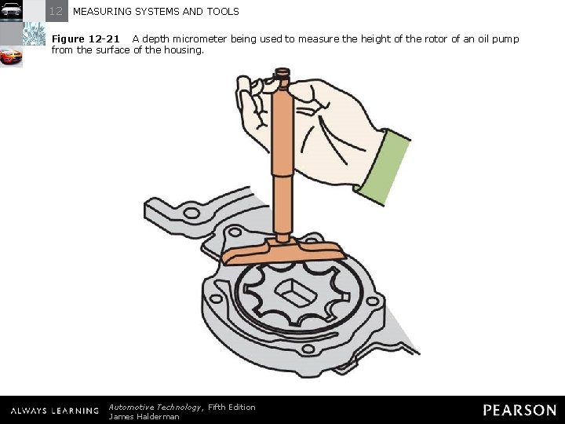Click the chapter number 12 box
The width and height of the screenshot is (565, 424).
coord(56,11)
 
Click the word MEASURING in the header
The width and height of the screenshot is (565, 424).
coord(100,12)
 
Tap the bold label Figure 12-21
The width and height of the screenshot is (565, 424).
coord(86,38)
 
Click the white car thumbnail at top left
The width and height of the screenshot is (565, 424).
coord(11,10)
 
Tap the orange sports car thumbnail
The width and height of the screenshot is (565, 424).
coord(11,57)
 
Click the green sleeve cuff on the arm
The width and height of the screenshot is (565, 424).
coord(385,166)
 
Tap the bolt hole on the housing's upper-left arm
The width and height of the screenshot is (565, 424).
coord(191,213)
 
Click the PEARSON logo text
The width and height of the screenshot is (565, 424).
coord(519,410)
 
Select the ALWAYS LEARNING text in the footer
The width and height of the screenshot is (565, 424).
coord(54,411)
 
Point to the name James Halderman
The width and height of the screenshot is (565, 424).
coord(144,417)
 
